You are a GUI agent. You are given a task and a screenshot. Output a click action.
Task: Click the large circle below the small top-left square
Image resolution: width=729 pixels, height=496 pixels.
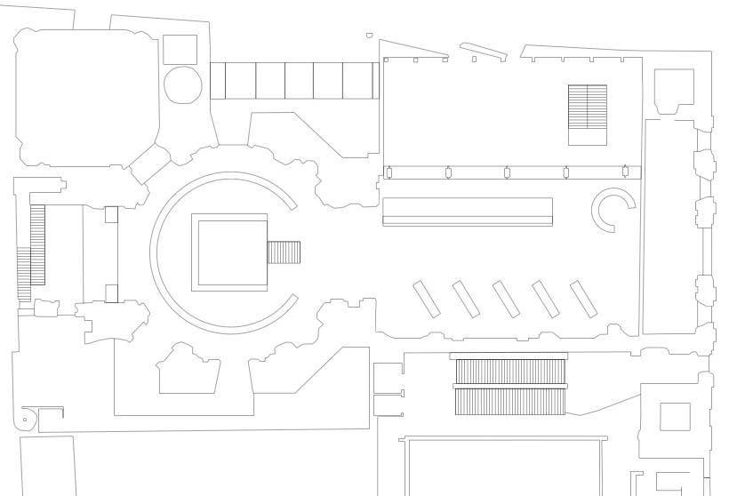tap(183, 84)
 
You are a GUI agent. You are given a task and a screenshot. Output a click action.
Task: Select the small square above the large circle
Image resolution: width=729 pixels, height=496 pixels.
tap(180, 49)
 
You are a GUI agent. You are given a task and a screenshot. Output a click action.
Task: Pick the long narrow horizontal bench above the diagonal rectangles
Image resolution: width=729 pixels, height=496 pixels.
tap(468, 212)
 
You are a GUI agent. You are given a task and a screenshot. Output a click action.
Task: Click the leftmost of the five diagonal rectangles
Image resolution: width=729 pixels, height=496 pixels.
tap(427, 300)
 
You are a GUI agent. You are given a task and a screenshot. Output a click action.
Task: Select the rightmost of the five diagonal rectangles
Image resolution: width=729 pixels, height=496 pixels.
tap(583, 299)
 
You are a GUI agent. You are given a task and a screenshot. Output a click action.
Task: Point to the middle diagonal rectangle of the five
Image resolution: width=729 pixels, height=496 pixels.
tap(506, 300)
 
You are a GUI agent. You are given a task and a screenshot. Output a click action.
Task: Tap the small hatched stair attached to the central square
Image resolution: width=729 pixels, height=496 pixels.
tap(284, 252)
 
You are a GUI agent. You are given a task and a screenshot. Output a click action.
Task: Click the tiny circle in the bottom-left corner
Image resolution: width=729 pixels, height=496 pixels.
tap(25, 419)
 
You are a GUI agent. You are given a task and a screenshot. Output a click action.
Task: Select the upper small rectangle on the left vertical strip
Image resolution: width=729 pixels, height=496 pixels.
tap(111, 214)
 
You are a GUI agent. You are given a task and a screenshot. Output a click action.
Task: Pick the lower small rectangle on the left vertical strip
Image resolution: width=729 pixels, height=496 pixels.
tap(111, 292)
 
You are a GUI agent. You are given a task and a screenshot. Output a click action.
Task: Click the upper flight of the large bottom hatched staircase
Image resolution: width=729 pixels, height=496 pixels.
tap(510, 372)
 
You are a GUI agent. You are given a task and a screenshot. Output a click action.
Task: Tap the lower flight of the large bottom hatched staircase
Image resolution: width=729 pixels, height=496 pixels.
tap(510, 402)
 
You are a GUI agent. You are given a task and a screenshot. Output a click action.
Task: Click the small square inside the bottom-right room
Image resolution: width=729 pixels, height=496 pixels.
tap(675, 417)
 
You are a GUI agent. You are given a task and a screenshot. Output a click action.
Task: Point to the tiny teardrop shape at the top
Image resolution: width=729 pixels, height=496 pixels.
tap(369, 36)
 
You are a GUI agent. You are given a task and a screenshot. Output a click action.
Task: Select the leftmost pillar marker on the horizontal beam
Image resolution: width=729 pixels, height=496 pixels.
tap(389, 172)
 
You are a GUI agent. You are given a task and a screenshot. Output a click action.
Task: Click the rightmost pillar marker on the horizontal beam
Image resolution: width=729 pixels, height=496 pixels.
tap(625, 172)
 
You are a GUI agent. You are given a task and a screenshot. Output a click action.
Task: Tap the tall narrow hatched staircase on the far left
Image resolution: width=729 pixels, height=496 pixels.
tap(37, 244)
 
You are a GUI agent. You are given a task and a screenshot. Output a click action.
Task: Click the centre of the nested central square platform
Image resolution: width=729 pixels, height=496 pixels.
tap(230, 252)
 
